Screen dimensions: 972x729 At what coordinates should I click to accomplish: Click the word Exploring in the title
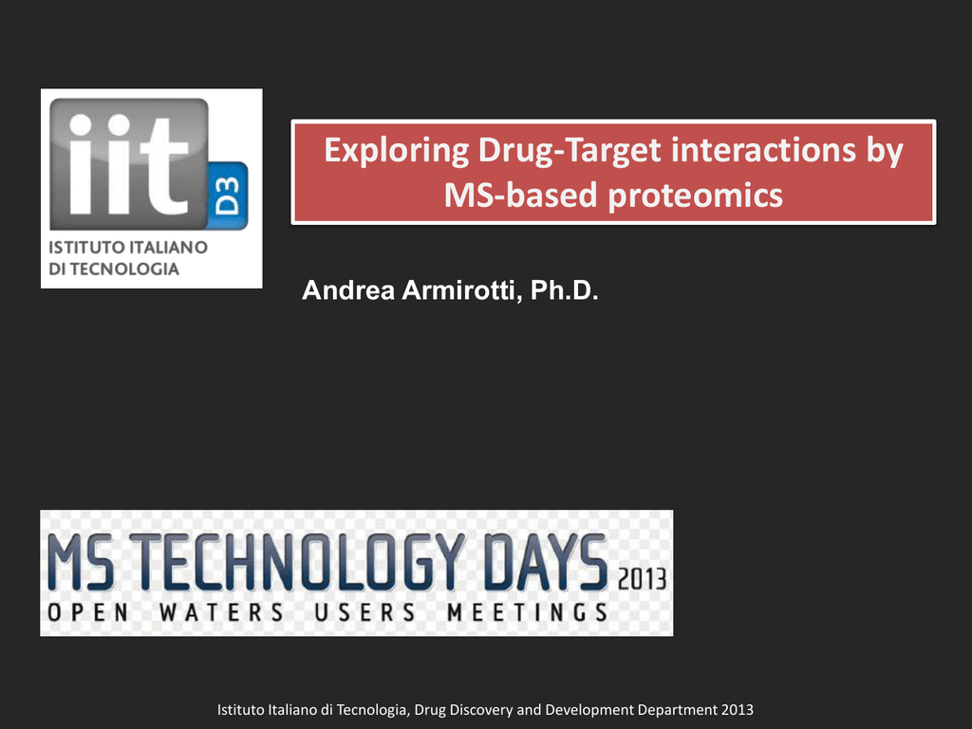click(x=395, y=151)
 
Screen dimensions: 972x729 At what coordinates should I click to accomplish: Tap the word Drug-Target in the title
click(x=570, y=151)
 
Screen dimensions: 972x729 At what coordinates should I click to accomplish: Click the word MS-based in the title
click(x=520, y=195)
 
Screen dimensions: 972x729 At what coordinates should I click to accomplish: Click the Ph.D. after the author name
click(x=564, y=290)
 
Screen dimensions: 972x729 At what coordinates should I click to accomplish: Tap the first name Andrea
click(x=348, y=290)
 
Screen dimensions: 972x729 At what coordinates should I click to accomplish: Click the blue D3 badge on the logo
click(x=228, y=196)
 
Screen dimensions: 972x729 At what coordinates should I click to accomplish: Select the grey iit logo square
click(x=129, y=163)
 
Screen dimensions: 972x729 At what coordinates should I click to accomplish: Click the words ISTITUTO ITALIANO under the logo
click(x=128, y=248)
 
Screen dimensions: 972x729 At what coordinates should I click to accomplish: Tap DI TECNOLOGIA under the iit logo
click(x=114, y=269)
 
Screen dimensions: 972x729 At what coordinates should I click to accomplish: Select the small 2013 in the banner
click(x=642, y=580)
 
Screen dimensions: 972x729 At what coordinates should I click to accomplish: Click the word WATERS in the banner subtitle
click(x=221, y=612)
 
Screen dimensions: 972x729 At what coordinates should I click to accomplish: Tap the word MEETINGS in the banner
click(x=527, y=612)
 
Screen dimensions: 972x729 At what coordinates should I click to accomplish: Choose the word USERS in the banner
click(x=364, y=612)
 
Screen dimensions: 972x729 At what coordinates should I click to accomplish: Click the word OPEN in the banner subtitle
click(x=88, y=612)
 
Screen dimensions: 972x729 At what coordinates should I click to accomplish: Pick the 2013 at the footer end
click(x=737, y=710)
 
